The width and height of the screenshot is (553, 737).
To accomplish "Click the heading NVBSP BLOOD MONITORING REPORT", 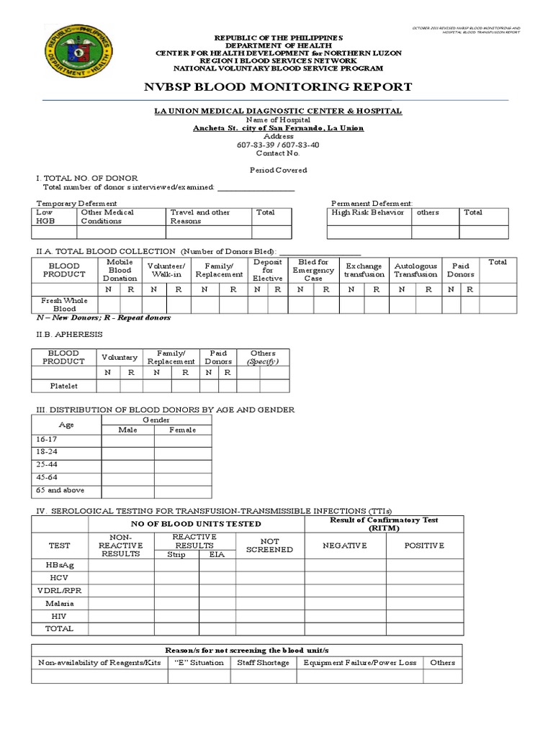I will pos(279,87).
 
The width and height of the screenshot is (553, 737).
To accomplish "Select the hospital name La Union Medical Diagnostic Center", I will pos(278,111).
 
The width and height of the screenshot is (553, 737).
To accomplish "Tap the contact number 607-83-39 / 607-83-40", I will pos(278,145).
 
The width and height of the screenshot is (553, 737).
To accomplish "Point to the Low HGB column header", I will pos(45,217).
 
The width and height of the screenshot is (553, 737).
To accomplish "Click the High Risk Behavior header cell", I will pos(368,213).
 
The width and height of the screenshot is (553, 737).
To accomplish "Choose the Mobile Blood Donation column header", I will pos(120,271).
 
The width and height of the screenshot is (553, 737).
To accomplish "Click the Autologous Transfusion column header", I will pos(415,271).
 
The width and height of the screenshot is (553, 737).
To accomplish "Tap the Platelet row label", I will pos(63,386).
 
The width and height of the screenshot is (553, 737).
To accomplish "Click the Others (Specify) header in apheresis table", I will pos(263,357).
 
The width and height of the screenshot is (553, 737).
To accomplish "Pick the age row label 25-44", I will pos(46,464).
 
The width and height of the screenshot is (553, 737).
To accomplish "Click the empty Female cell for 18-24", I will pos(182,452).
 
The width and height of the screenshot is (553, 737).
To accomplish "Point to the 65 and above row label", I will pos(60,490).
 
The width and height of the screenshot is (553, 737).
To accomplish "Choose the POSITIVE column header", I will pos(424,546).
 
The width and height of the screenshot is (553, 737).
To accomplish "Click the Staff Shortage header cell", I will pos(263,662).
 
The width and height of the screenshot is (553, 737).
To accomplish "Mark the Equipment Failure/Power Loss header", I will pos(360,662).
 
